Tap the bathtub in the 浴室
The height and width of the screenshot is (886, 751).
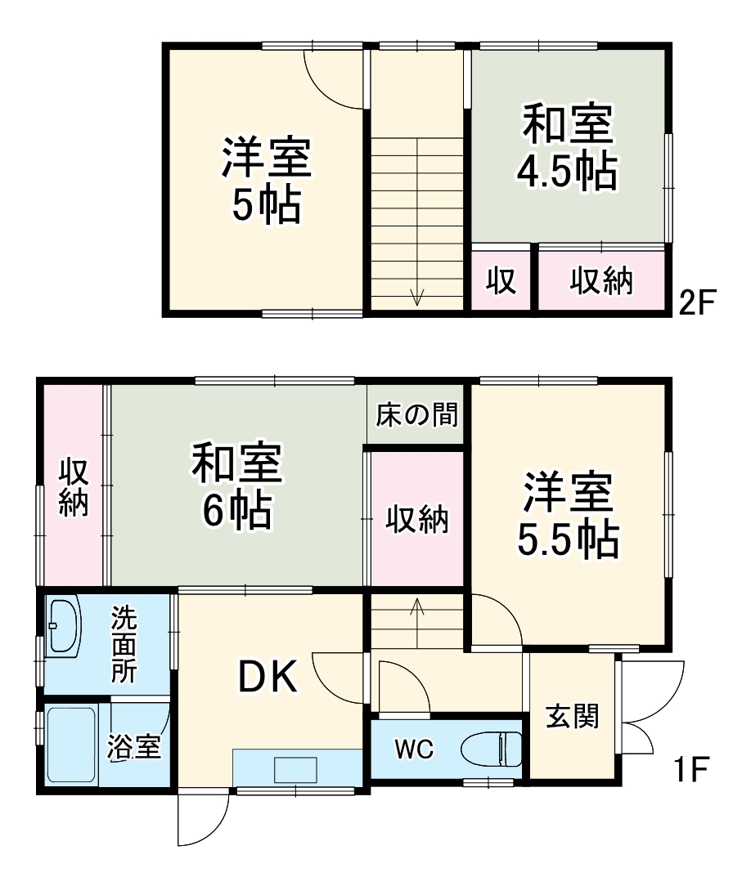pyautogui.click(x=72, y=745)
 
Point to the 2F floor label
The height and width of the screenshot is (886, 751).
pyautogui.click(x=697, y=304)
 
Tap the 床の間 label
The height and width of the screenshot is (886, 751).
pyautogui.click(x=416, y=415)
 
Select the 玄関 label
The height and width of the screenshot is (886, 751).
pyautogui.click(x=573, y=716)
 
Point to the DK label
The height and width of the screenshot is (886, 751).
pyautogui.click(x=267, y=677)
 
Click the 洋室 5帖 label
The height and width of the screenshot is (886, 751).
pyautogui.click(x=266, y=181)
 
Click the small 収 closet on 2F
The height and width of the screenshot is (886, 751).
pyautogui.click(x=501, y=281)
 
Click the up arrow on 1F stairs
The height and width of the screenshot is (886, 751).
pyautogui.click(x=417, y=609)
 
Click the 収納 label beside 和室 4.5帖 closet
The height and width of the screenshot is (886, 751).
pyautogui.click(x=601, y=281)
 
